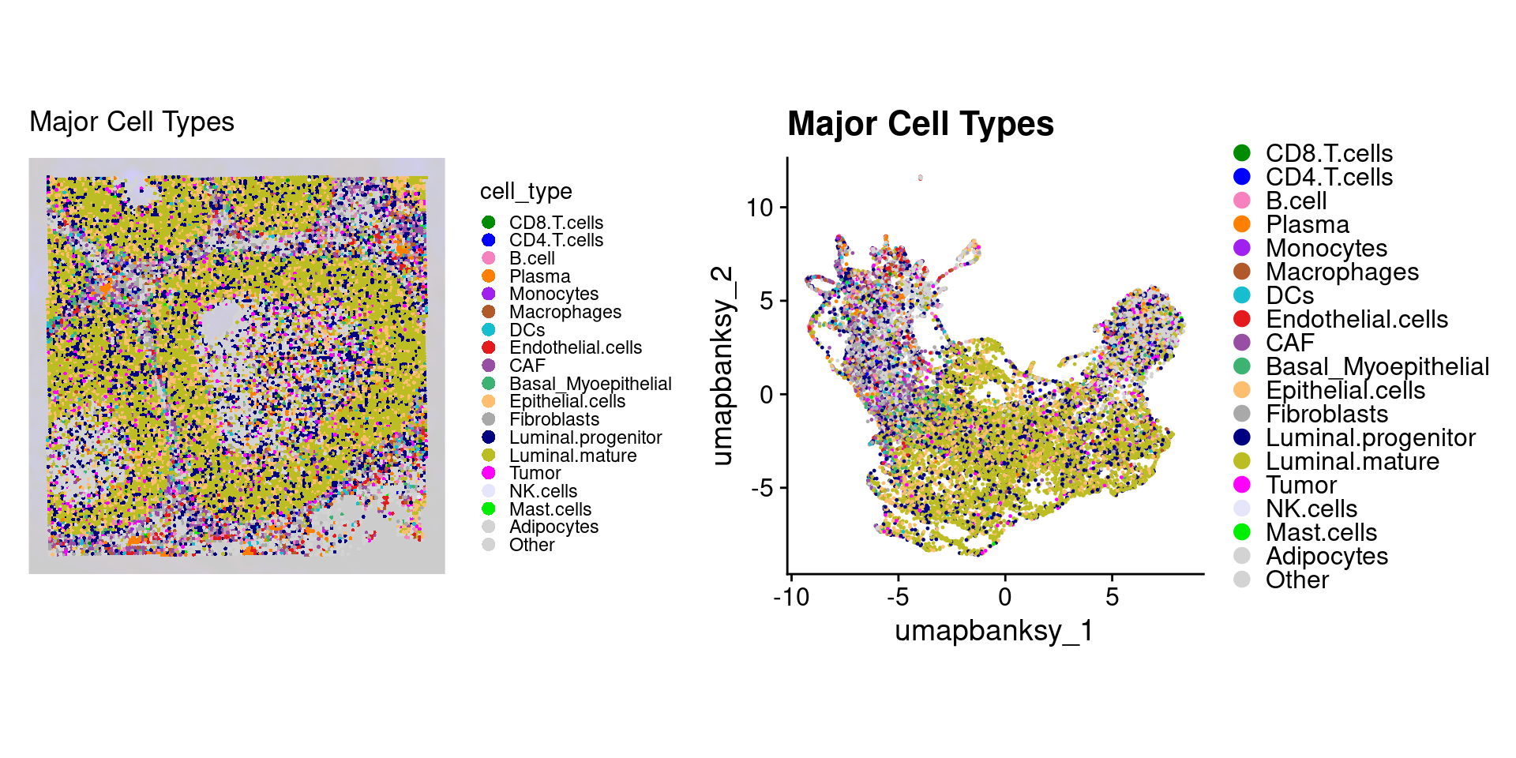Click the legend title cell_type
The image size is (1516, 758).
click(526, 191)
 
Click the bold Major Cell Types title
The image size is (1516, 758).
click(921, 124)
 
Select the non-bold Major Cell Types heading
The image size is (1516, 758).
click(132, 122)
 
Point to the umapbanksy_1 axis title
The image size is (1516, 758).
click(994, 631)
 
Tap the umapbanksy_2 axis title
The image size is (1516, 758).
click(722, 366)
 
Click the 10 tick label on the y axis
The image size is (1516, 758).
click(760, 208)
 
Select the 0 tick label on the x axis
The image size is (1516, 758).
click(1004, 597)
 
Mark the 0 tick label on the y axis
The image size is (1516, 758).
click(767, 395)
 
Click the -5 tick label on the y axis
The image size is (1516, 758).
click(762, 489)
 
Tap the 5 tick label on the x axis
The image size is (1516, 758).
click(1112, 597)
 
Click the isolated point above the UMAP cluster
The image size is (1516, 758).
click(920, 178)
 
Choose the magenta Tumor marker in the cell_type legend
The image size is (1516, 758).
click(489, 473)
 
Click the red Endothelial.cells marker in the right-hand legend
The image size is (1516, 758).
click(1242, 319)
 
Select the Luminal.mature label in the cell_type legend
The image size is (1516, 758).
click(572, 456)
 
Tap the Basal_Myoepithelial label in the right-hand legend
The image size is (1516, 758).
click(1377, 366)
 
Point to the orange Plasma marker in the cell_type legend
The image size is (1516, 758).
click(489, 276)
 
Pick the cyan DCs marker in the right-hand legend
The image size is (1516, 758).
click(1242, 295)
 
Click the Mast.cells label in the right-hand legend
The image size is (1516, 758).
click(1321, 532)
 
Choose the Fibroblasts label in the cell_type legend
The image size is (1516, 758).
click(553, 419)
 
